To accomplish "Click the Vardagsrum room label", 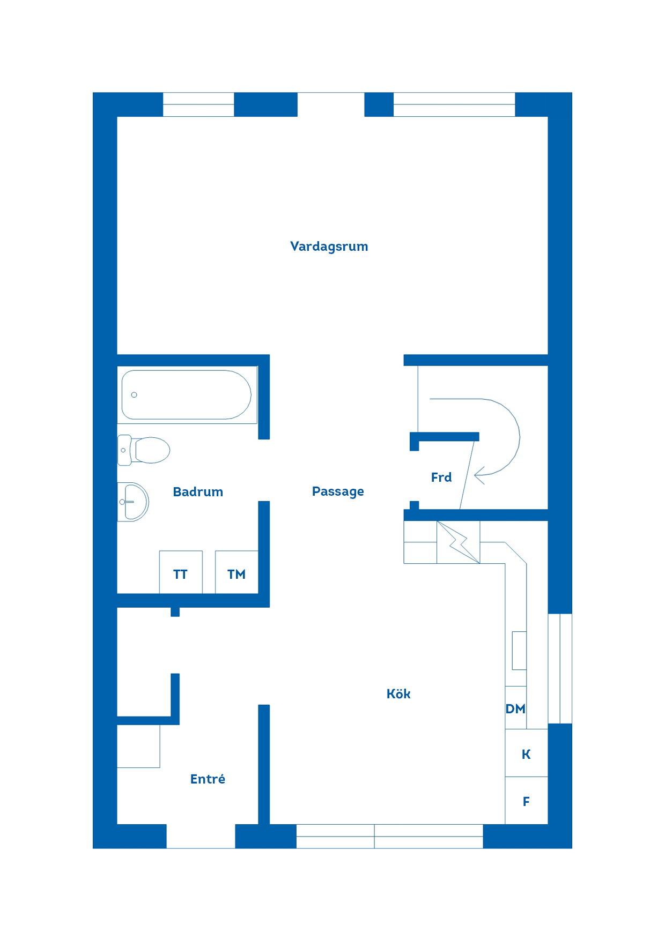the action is (x=329, y=247).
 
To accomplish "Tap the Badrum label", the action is (x=198, y=492).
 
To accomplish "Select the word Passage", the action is (x=338, y=492).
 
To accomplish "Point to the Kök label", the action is (x=398, y=693).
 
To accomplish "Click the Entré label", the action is (x=208, y=779).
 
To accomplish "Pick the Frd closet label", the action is (x=441, y=477).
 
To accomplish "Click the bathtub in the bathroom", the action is (x=186, y=395).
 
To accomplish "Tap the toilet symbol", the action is (x=144, y=450).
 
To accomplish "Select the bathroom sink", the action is (x=133, y=502).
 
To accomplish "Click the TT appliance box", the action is (x=181, y=572).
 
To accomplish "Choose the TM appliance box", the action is (x=237, y=572).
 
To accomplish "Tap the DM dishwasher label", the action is (x=515, y=709).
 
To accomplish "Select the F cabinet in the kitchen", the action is (x=526, y=801).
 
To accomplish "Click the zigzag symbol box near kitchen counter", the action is (x=458, y=542).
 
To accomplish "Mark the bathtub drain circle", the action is (x=134, y=395).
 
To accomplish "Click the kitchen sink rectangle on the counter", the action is (x=519, y=651).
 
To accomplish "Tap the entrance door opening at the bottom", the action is (x=201, y=837).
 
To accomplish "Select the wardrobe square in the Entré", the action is (x=138, y=746).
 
